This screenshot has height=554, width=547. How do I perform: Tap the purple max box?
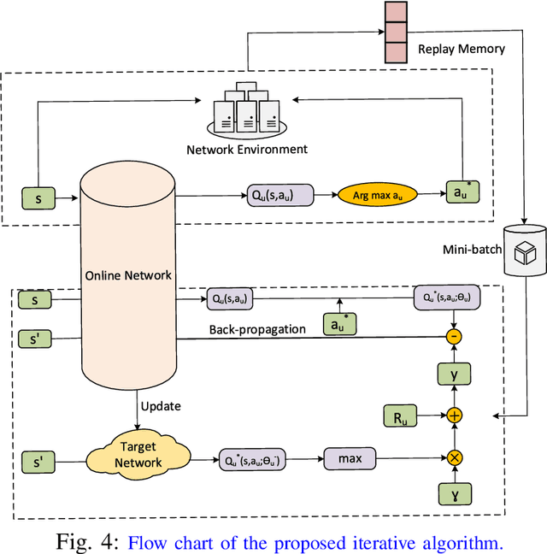(x=349, y=459)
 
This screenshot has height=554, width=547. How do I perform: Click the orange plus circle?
(x=455, y=415)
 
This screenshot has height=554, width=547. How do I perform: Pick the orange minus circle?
(x=455, y=337)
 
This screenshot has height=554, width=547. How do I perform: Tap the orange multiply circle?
(x=455, y=458)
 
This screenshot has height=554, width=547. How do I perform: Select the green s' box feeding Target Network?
(x=35, y=458)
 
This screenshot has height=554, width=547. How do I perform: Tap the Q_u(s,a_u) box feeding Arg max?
(x=278, y=196)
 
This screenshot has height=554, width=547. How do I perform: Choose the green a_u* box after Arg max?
(x=462, y=193)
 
